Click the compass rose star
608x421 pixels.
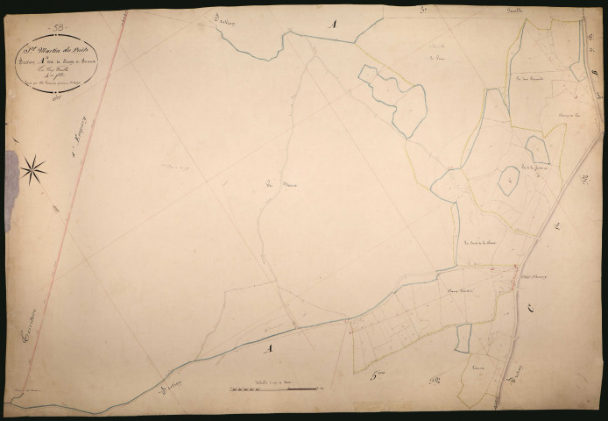tap(33, 169)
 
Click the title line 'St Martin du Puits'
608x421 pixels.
tap(56, 49)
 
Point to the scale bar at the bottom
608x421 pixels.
tap(276, 388)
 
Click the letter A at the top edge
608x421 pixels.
tap(332, 25)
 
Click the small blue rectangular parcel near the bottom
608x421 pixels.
tap(463, 338)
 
